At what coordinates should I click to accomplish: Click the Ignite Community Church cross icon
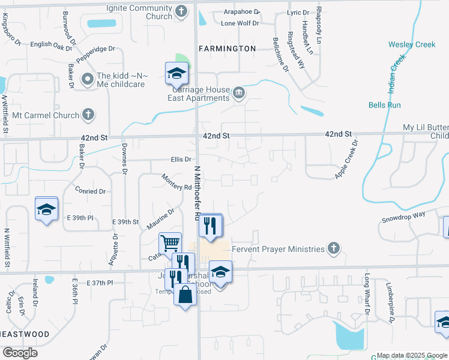tap(182, 11)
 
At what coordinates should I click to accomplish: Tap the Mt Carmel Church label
tap(46, 115)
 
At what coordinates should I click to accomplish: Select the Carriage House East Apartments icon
tap(239, 92)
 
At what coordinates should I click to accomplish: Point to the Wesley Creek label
tap(412, 45)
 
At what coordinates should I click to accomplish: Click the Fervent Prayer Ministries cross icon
tap(333, 248)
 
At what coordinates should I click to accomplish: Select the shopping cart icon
tap(170, 243)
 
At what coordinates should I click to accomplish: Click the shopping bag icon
tap(185, 295)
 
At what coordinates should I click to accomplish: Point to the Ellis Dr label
tap(181, 160)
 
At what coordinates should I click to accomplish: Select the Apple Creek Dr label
tap(346, 159)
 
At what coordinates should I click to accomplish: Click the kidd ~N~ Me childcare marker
tap(88, 78)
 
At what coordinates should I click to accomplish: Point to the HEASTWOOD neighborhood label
tap(25, 334)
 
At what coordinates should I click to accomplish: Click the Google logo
tap(20, 353)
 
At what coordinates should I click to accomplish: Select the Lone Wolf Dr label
tap(240, 23)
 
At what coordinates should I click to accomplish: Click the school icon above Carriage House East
tap(177, 73)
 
